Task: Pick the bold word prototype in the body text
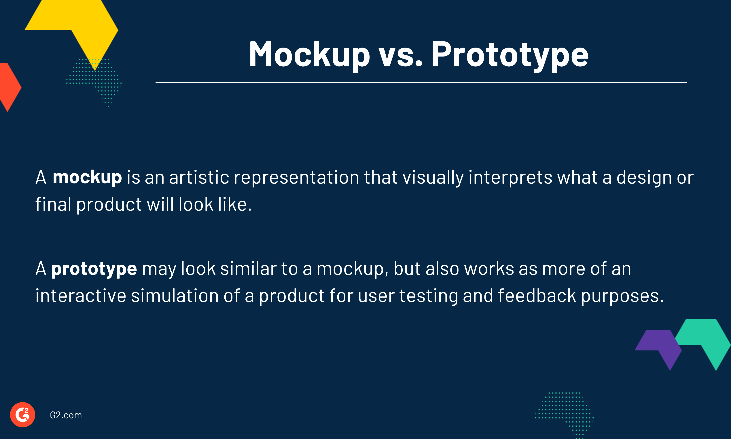point(94,269)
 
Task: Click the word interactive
point(81,296)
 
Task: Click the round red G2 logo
point(22,415)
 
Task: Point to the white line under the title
point(421,82)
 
